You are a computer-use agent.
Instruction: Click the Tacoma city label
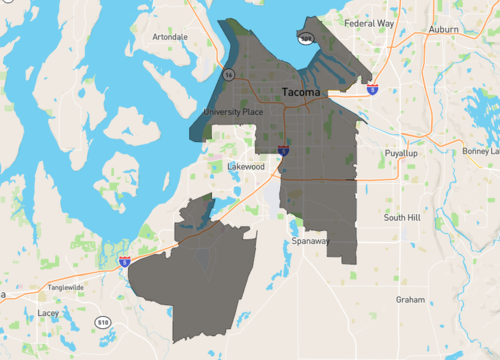coord(302,93)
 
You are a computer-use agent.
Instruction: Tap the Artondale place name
coord(170,37)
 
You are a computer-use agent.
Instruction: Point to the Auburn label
coord(443,30)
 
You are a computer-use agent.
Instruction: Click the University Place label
coord(233,112)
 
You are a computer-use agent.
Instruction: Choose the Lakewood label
coord(246,166)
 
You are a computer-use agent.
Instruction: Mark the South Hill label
coord(405,217)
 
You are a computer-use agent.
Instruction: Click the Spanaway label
coord(310,241)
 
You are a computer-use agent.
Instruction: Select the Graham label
coord(410,299)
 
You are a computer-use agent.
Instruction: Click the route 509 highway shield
coord(306,38)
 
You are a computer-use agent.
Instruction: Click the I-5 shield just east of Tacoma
coord(372,89)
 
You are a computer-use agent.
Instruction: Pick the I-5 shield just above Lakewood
coord(283,151)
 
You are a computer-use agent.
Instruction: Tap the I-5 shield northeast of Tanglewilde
coord(124,261)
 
